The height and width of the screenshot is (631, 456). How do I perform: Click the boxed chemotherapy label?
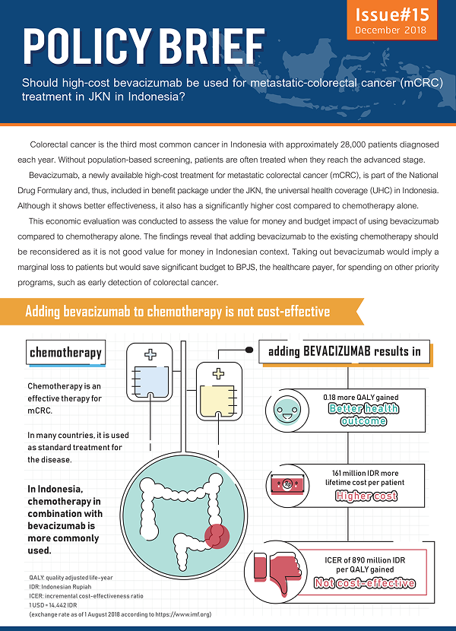pos(65,352)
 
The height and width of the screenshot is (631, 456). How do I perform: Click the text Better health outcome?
pos(363,414)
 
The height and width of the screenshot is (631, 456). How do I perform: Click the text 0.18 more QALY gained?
pos(361,397)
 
